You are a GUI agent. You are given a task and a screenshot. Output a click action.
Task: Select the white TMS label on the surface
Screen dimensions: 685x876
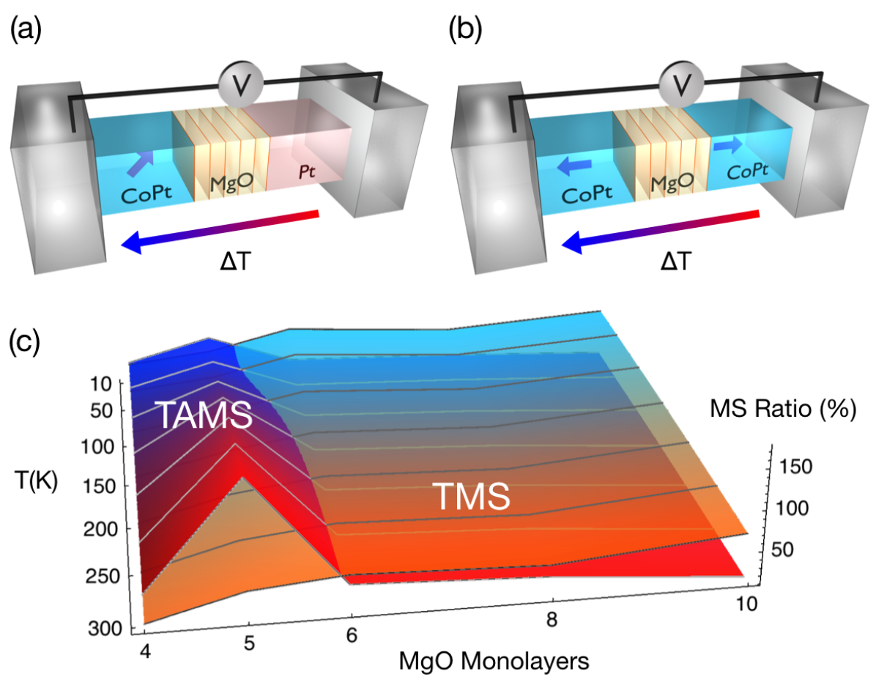tap(469, 497)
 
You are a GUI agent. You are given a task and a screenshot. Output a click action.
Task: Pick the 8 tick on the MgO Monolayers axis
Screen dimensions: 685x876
tap(552, 620)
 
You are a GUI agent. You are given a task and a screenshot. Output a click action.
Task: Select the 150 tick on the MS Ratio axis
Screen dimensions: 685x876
tap(795, 467)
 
